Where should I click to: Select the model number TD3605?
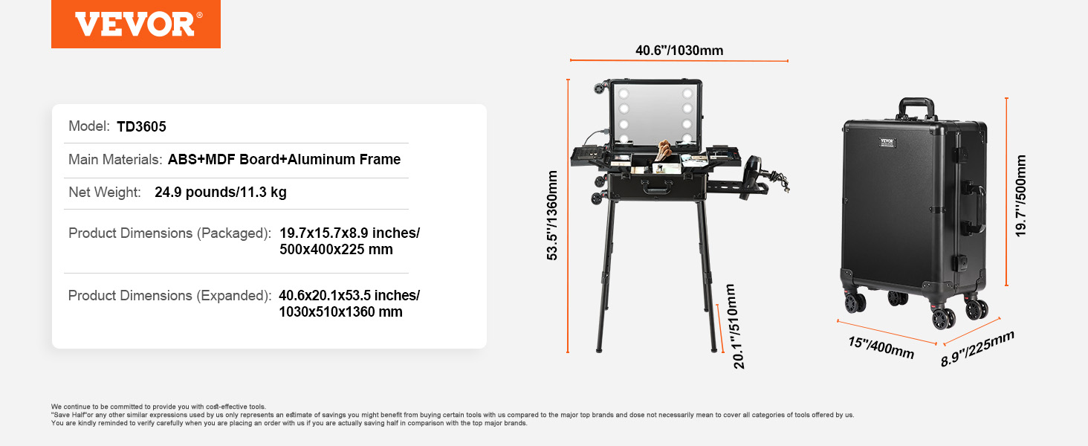pos(141,126)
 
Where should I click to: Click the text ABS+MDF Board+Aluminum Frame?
pos(284,159)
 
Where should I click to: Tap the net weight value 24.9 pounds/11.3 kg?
pos(221,192)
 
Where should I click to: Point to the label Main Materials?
pos(115,159)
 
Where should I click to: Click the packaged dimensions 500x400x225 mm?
pos(336,249)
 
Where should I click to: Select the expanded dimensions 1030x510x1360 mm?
pos(340,311)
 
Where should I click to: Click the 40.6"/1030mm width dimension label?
pos(679,51)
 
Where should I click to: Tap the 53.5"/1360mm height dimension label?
pos(552,216)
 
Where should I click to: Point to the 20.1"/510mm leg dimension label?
pos(737,326)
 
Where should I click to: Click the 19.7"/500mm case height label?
pos(1020,195)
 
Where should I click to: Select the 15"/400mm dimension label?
pos(881,347)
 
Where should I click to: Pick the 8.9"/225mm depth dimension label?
pos(977,349)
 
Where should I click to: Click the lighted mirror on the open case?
pos(655,114)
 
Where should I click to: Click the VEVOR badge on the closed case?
pos(887,143)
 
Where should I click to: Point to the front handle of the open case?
pos(656,187)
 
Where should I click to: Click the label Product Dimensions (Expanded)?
pos(169,295)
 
